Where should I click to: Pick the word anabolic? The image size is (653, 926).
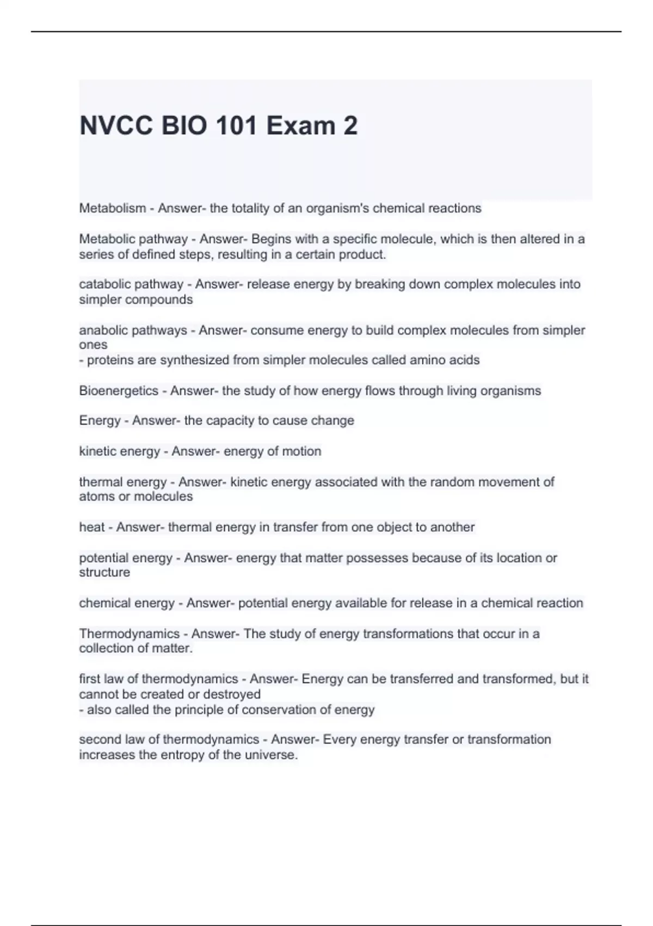tap(103, 330)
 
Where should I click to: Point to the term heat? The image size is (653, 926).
tap(92, 527)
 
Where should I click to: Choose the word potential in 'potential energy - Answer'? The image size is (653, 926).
tap(102, 558)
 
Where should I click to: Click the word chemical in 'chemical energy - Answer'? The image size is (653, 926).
tap(103, 603)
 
